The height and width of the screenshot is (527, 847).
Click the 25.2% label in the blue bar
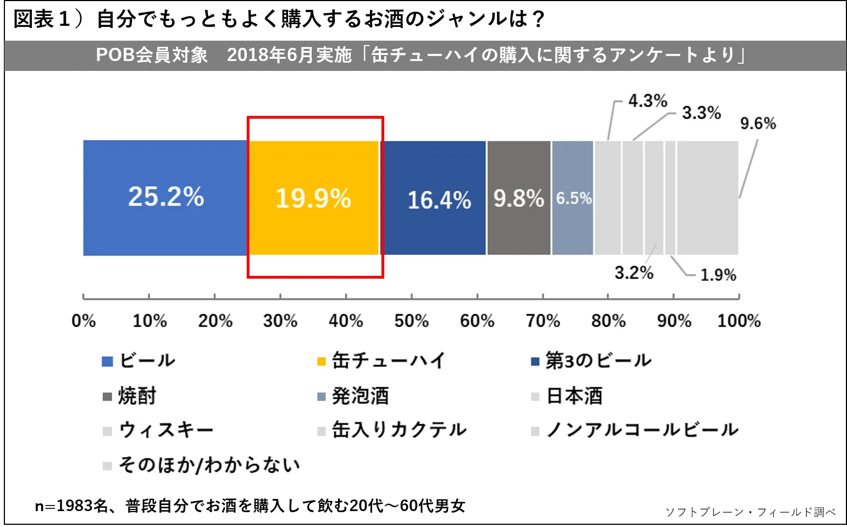(x=166, y=197)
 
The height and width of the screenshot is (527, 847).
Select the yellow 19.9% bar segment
(x=313, y=198)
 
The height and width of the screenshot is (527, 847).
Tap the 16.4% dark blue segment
(x=439, y=199)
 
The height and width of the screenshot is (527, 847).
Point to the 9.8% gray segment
(x=518, y=198)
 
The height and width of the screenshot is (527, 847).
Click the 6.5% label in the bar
(x=573, y=198)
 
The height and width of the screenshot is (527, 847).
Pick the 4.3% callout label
(x=647, y=101)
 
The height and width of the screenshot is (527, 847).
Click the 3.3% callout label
(x=701, y=113)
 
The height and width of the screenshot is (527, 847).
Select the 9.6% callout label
(x=758, y=124)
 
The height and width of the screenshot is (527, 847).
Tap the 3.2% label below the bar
(x=634, y=273)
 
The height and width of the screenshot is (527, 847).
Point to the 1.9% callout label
(x=718, y=275)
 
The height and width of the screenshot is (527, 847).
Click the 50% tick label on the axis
(x=411, y=321)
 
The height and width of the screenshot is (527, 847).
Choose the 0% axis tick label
(x=84, y=321)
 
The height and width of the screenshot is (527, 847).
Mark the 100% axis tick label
(x=739, y=321)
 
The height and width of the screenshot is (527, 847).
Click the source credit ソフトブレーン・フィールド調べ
(x=750, y=512)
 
